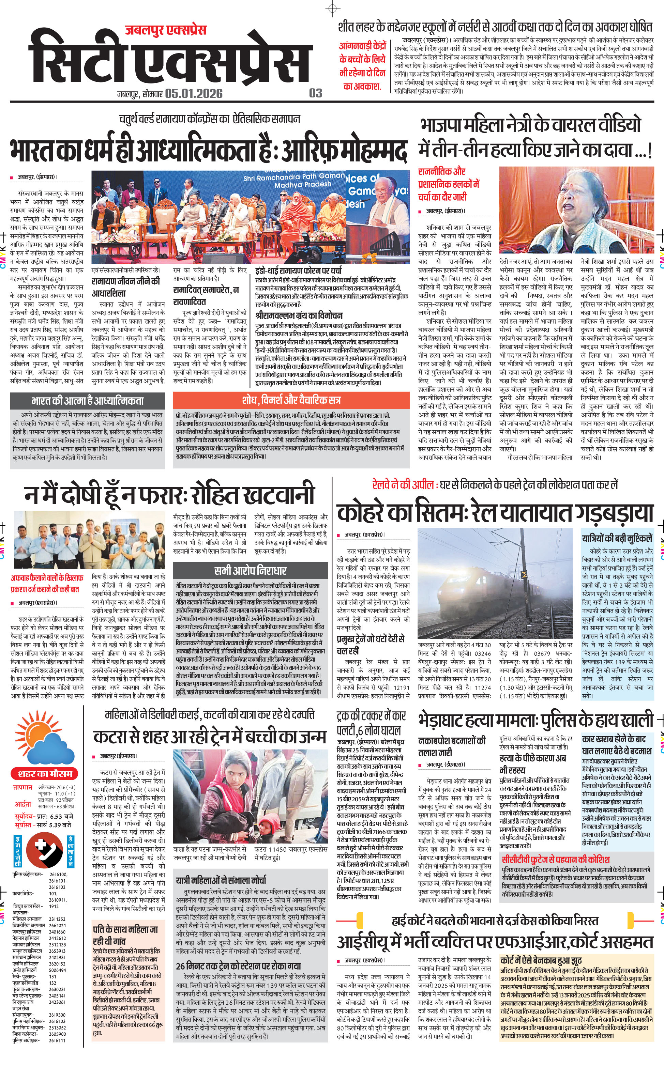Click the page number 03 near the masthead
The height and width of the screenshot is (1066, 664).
(315, 93)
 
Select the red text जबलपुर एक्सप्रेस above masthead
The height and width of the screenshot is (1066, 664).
(166, 30)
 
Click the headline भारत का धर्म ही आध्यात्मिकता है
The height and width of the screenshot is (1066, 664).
(208, 151)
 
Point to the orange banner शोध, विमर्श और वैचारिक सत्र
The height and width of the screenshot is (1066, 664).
(291, 400)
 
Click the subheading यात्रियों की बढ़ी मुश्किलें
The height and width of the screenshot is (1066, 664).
(617, 538)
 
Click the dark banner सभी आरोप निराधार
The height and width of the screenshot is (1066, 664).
(250, 571)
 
